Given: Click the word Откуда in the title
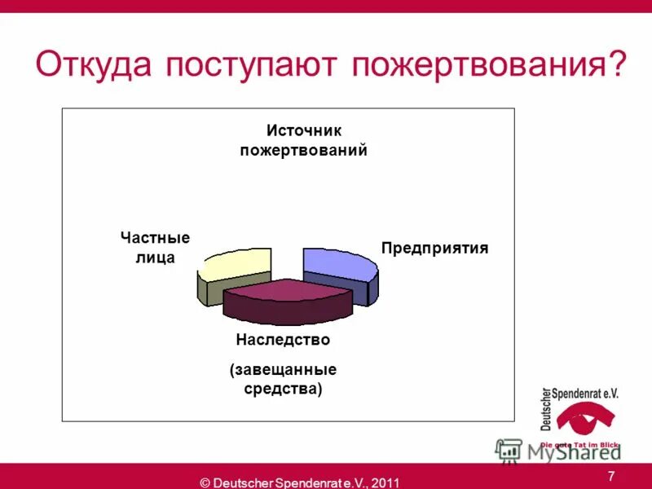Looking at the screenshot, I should tap(95, 64).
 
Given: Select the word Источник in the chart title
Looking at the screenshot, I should tap(303, 131).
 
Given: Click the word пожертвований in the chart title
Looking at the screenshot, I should tap(303, 151).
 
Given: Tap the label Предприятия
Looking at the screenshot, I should tap(434, 248).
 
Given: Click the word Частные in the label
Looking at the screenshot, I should tap(155, 238).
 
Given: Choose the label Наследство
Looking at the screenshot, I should tap(283, 339).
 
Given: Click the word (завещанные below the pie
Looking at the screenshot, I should tap(283, 370).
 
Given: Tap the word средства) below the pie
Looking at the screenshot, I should tap(283, 389).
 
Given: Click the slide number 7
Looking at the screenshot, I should tap(610, 476).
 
